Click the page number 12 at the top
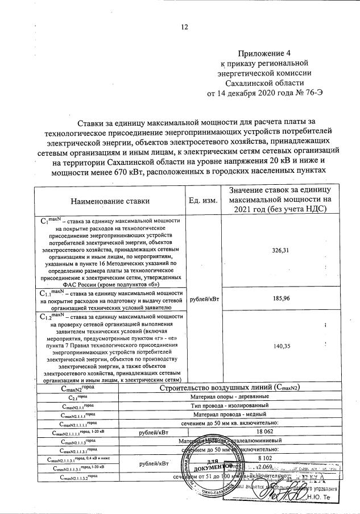[185, 27]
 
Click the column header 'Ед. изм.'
[202, 201]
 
